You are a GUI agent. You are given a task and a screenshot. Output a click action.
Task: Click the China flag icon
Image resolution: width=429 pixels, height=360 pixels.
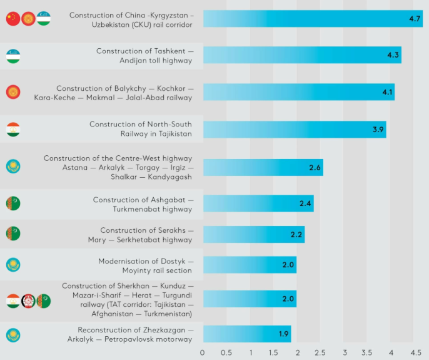(13, 19)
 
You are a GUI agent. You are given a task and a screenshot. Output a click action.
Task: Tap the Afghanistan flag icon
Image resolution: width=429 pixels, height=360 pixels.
(28, 301)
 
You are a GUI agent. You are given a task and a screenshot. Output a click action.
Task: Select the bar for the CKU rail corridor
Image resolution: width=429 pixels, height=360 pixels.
(313, 19)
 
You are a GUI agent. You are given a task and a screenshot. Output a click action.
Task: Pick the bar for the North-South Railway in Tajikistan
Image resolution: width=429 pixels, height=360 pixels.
(294, 130)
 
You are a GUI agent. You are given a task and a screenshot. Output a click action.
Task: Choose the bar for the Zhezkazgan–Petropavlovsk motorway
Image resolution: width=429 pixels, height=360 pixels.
(247, 334)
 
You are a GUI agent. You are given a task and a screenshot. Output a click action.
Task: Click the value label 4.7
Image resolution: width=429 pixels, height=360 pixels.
(415, 19)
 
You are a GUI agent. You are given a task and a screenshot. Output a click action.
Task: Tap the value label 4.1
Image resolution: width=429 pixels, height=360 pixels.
(388, 93)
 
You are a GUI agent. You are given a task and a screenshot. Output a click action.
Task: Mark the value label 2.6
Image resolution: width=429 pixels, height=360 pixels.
(315, 167)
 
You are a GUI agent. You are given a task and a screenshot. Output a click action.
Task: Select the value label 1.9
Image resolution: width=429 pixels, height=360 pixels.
(284, 334)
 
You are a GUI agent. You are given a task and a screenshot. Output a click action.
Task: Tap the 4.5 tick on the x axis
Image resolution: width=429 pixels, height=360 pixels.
(415, 352)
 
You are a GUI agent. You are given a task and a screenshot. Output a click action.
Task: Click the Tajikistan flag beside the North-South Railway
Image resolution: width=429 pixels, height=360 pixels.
(13, 130)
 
